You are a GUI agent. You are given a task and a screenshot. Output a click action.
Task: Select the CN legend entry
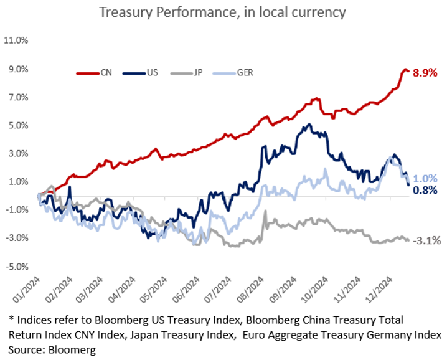[x=99, y=73]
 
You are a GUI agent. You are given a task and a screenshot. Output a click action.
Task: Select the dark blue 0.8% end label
[x=425, y=191]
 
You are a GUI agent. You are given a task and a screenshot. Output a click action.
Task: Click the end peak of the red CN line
[x=405, y=69]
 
